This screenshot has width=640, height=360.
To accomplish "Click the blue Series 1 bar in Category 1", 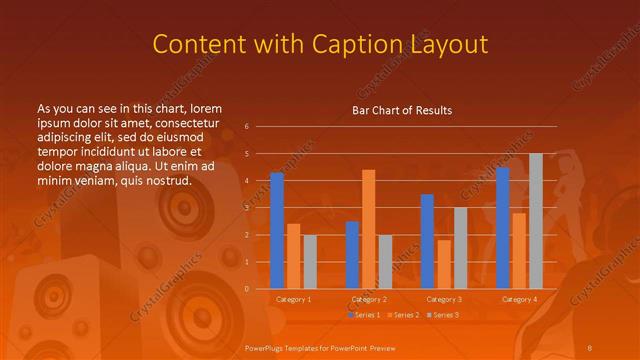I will (x=277, y=231).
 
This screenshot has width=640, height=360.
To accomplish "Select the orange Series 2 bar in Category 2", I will (x=368, y=229).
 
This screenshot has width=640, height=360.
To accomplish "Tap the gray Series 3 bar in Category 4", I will (x=535, y=221).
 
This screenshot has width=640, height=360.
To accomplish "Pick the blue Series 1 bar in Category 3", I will (x=427, y=241).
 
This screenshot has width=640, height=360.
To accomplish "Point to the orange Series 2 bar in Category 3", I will (x=444, y=264).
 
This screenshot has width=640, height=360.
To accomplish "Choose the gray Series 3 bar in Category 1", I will (x=310, y=262).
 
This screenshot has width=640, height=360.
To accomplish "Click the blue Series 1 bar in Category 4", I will (x=502, y=228).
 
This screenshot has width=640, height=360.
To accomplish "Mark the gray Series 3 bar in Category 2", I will (x=385, y=262).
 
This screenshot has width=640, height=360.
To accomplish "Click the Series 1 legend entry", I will (x=364, y=315).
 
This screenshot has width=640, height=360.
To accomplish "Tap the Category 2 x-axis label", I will (x=368, y=299).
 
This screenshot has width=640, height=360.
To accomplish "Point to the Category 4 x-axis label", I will (x=519, y=299).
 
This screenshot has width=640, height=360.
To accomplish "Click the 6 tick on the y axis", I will (x=246, y=127).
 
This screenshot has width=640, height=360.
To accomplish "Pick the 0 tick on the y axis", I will (x=246, y=289).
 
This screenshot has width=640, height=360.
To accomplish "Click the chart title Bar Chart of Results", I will (x=402, y=110).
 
